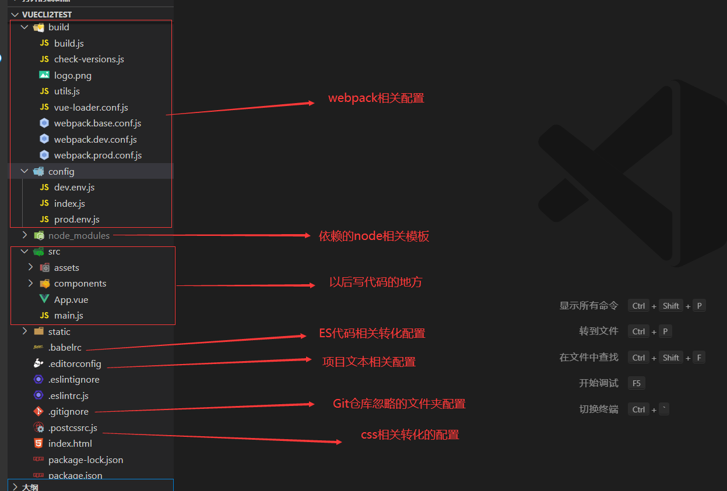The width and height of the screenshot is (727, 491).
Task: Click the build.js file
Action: [x=69, y=43]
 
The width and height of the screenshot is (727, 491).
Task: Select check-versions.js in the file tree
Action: [x=89, y=59]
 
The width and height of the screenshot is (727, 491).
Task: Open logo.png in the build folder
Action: [x=72, y=75]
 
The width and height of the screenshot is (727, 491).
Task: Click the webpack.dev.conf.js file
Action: [x=95, y=139]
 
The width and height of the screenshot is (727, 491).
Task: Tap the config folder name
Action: [x=61, y=171]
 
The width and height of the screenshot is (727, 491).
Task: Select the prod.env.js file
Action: [x=76, y=220]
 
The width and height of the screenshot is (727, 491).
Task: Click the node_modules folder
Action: [x=79, y=235]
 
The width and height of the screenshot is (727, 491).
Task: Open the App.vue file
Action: [x=71, y=299]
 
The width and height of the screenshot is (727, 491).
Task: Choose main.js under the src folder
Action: [x=68, y=316]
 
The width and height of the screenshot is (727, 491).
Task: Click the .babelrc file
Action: [x=65, y=348]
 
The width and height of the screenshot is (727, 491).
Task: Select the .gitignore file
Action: [x=68, y=412]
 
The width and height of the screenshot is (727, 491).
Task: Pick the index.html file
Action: [x=70, y=444]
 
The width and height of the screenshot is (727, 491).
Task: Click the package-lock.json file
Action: [x=86, y=460]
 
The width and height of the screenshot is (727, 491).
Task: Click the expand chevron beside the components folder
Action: [x=30, y=284]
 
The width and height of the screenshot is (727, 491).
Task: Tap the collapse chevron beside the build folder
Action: [x=24, y=27]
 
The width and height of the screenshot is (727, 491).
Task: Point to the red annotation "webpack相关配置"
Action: [x=376, y=98]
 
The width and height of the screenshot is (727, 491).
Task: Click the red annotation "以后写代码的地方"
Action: [x=375, y=282]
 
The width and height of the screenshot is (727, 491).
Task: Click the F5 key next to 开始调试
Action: [x=637, y=383]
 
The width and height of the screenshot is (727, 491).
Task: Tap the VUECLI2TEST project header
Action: [x=47, y=14]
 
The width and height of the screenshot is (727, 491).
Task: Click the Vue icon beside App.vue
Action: [x=44, y=299]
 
